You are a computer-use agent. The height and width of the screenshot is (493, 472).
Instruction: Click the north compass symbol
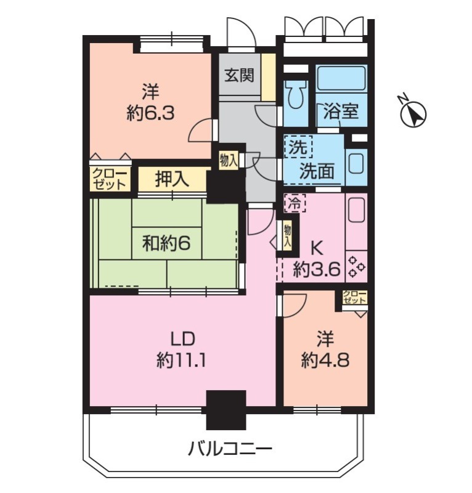click(x=413, y=113)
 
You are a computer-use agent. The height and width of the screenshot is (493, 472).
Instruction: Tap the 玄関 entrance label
click(x=239, y=76)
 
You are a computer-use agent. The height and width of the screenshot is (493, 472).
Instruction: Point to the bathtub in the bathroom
click(x=341, y=78)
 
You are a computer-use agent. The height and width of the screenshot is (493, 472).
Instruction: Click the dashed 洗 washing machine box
click(x=298, y=147)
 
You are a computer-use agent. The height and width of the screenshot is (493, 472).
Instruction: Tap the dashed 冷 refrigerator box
click(x=295, y=203)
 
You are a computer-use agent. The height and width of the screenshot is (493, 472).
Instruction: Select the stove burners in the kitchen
click(x=357, y=267)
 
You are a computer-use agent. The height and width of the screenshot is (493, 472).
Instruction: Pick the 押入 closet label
click(x=172, y=179)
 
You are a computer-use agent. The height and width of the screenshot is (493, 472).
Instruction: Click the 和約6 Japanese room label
click(x=166, y=243)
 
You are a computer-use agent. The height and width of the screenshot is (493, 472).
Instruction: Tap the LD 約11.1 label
click(x=182, y=349)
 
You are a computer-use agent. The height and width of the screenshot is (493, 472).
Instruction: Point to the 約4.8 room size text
click(x=325, y=360)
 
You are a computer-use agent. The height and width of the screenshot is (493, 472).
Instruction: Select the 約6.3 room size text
click(x=150, y=113)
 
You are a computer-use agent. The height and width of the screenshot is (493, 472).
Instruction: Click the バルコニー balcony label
click(x=230, y=449)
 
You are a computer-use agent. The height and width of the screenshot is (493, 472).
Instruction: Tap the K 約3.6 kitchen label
click(x=317, y=259)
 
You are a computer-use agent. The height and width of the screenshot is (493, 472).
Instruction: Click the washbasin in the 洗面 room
click(x=356, y=162)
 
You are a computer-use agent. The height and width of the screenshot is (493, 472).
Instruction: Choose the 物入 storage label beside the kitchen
click(x=287, y=236)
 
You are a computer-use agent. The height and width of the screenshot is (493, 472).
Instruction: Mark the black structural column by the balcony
click(x=226, y=410)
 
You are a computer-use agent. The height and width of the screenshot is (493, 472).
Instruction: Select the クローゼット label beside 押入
click(x=110, y=179)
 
